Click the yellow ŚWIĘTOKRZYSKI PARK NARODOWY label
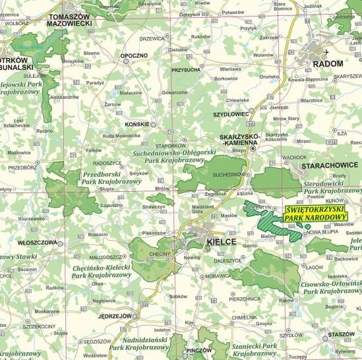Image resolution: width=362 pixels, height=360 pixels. click(316, 214)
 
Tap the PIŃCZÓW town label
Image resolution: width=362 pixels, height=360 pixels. click(198, 350)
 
